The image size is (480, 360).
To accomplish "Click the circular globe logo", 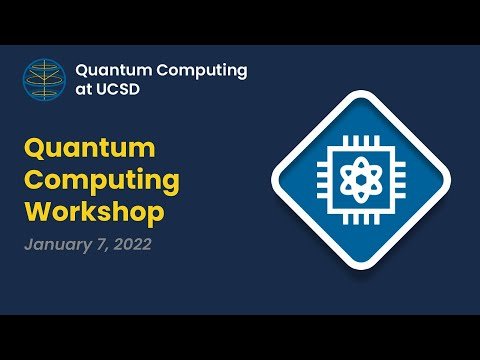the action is coord(44,80).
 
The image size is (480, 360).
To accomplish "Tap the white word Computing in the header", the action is coord(202,71).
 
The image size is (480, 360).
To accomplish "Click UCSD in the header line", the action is coord(118,89).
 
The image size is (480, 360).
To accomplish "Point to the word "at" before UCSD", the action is coord(84,90).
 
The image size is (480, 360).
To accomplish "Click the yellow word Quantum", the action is coord(90,149).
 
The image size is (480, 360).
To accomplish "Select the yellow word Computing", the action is coord(102,181).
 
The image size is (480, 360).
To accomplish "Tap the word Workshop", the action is coord(94,212).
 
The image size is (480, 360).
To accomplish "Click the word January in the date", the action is coord(58,245).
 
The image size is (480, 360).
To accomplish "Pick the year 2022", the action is coord(132,244).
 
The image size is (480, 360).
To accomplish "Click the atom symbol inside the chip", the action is coord(361,180).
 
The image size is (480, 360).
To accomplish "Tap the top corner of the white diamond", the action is coord(361,91).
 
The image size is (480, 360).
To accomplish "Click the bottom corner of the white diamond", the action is coord(361,269).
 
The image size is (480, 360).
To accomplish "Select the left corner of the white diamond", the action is coord(272,180).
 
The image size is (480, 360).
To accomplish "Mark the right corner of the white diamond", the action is coord(450,180).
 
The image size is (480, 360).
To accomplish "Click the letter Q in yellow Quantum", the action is coord(35,149).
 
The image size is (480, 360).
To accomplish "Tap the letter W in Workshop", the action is coord(40,210).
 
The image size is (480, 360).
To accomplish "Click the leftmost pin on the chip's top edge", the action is coord(346,141).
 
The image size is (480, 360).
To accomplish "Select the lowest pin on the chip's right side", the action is coord(400,195).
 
